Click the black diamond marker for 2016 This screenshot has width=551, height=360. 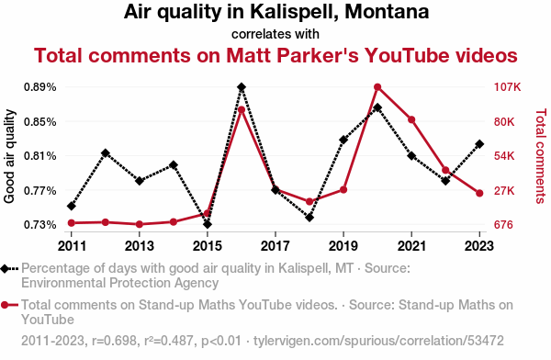[x=242, y=87]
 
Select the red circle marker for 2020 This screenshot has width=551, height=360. [x=377, y=87]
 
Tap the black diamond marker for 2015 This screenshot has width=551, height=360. [x=208, y=224]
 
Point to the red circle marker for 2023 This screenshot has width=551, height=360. [x=479, y=193]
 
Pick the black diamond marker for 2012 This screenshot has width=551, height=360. [x=106, y=153]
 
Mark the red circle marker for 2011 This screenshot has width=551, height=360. [x=72, y=223]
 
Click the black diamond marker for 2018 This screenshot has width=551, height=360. [x=309, y=218]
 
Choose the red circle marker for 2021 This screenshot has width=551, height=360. [x=411, y=120]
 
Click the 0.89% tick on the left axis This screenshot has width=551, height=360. [x=40, y=87]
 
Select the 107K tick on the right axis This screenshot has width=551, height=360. [x=507, y=87]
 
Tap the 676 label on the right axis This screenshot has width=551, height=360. [x=503, y=224]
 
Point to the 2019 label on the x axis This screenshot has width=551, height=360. [x=343, y=246]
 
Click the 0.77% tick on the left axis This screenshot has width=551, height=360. [x=40, y=190]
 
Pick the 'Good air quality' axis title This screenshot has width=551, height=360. [x=9, y=156]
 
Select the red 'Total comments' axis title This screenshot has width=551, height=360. [x=541, y=156]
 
